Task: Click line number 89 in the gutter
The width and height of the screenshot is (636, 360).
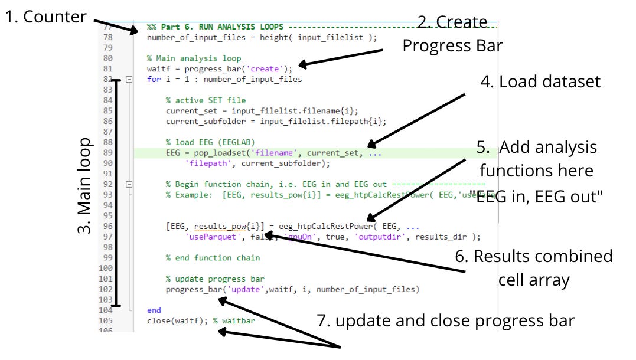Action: coord(107,153)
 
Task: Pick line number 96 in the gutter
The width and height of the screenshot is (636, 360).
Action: coord(107,226)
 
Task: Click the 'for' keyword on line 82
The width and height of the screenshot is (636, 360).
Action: coord(154,79)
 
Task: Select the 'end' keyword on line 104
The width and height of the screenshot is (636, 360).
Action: coord(154,310)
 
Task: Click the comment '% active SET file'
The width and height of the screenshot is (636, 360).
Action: coord(206,100)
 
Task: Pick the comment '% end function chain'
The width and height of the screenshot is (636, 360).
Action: coord(213,258)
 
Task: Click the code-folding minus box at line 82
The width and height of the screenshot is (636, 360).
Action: coord(129,79)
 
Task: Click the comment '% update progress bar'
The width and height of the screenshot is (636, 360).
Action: coord(215,279)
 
